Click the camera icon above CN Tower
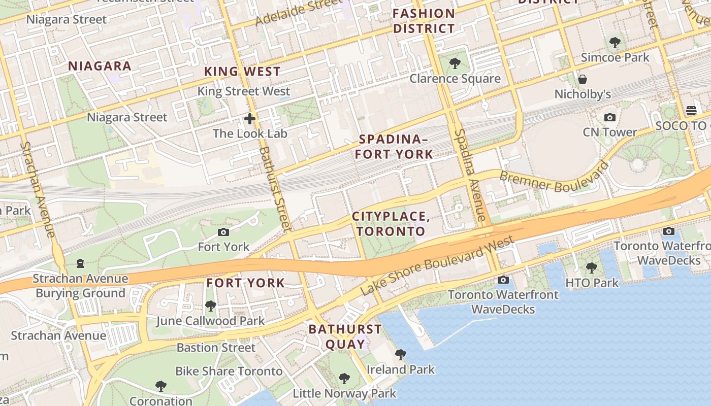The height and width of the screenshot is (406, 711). pos(609,118)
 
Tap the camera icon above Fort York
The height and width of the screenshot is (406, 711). pos(223,232)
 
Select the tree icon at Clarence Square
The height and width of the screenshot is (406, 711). pos(455,63)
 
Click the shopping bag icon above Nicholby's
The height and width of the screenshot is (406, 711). pos(583,80)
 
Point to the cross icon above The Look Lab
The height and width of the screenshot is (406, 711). pos(250,119)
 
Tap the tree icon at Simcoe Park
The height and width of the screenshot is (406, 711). pos(615,43)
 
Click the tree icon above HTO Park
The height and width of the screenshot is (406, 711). pos(591,267)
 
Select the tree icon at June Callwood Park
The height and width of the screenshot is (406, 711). pos(210,306)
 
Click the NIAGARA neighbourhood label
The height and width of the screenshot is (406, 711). pos(100,66)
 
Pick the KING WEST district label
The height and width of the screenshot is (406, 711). pos(242,72)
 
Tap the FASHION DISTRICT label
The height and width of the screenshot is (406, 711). pos(424,21)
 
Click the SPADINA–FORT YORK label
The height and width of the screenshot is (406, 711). pos(394,147)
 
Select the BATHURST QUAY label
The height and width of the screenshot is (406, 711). pos(345,336)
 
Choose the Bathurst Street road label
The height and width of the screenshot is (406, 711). pos(274,188)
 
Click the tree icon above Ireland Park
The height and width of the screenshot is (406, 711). pos(400,354)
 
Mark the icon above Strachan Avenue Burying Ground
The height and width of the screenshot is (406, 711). pos(80,263)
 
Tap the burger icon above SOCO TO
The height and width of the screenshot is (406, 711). pos(691,110)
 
